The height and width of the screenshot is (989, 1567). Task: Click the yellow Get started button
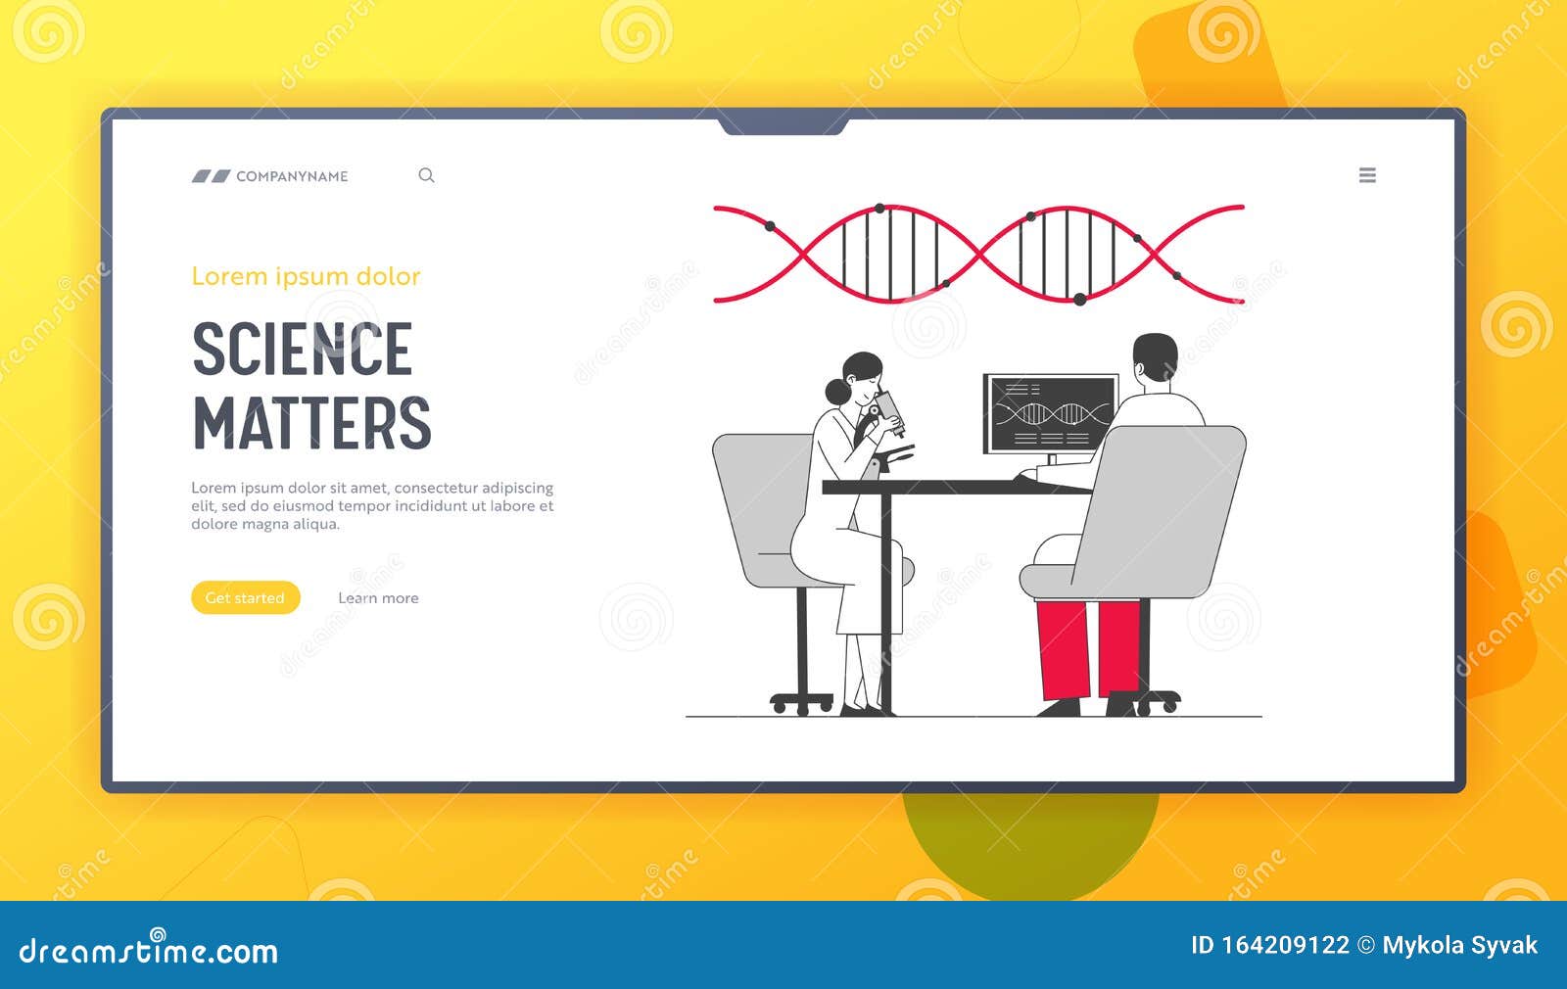[x=246, y=597]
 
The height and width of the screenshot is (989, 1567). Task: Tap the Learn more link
[x=378, y=598]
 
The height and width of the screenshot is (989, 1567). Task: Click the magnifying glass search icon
[x=427, y=175]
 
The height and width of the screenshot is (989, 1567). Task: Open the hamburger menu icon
[x=1367, y=175]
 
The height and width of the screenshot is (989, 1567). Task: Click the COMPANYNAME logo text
[x=292, y=176]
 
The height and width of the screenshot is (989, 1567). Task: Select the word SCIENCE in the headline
[x=303, y=349]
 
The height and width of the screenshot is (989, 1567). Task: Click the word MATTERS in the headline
[x=312, y=422]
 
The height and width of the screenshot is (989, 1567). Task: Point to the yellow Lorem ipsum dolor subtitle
[x=306, y=276]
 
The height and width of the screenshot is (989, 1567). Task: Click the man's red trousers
[x=1088, y=649]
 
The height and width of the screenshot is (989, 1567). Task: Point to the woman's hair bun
[x=837, y=392]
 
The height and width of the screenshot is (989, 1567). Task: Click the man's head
[x=1155, y=357]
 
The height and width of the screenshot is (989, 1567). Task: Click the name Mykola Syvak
[x=1460, y=946]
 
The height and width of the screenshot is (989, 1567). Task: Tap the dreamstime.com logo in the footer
[x=148, y=949]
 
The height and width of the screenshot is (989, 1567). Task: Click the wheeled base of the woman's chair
[x=802, y=702]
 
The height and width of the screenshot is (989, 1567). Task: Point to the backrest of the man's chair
[x=1162, y=510]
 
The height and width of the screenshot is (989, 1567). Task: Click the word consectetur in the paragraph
[x=436, y=488]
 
